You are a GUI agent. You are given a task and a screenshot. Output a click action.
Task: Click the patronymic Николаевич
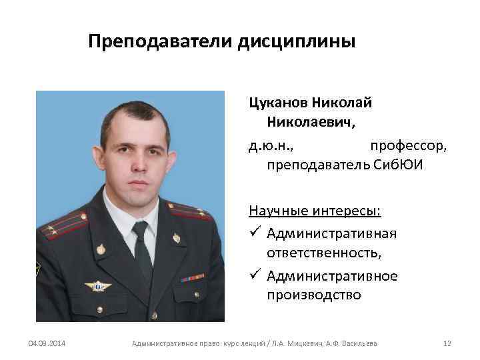tap(311, 123)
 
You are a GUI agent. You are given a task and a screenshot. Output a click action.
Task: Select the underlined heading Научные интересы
tap(315, 211)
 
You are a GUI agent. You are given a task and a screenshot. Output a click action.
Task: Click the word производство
tap(314, 295)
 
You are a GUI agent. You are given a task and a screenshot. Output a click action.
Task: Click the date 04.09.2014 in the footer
tap(46, 343)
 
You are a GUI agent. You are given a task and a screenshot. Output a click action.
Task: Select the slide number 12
tap(447, 343)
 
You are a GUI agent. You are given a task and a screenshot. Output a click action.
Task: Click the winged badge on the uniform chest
tap(98, 286)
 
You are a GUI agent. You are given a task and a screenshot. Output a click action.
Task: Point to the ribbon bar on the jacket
tap(191, 277)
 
